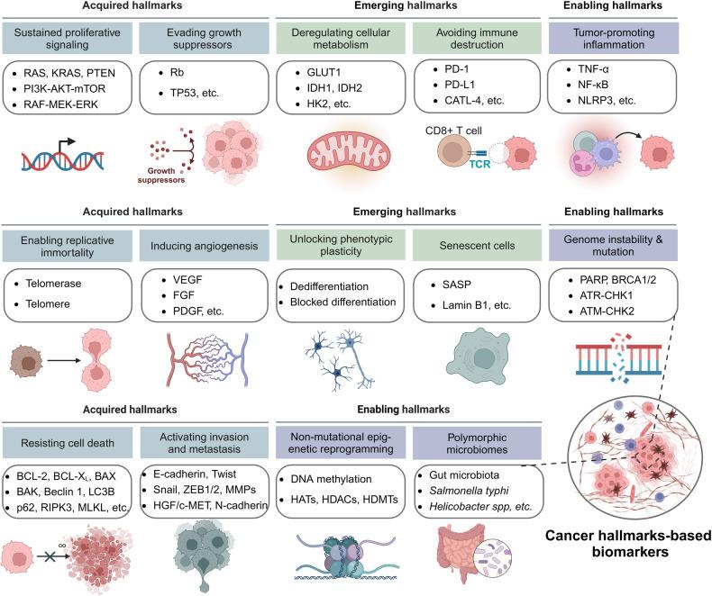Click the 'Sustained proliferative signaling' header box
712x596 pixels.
click(x=68, y=39)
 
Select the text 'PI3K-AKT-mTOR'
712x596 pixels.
click(x=65, y=88)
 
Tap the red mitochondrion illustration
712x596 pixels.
click(x=349, y=153)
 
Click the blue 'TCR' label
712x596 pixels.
click(x=479, y=164)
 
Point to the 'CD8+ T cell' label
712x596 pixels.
click(x=453, y=131)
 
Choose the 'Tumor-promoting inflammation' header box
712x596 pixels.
click(x=614, y=39)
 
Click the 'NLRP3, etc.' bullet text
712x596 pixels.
click(x=607, y=100)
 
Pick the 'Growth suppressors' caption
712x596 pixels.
click(x=161, y=175)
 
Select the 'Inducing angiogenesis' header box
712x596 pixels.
click(x=204, y=246)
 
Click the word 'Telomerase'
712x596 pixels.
click(x=53, y=284)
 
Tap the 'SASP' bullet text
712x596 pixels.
click(x=456, y=284)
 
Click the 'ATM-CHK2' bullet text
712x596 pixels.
click(x=607, y=312)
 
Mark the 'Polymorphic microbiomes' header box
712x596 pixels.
click(x=478, y=443)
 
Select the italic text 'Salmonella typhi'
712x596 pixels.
click(x=469, y=491)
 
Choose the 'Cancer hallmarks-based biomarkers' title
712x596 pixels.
click(x=628, y=544)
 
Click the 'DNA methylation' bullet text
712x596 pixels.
click(x=331, y=479)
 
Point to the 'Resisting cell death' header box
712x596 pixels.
click(x=68, y=443)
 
